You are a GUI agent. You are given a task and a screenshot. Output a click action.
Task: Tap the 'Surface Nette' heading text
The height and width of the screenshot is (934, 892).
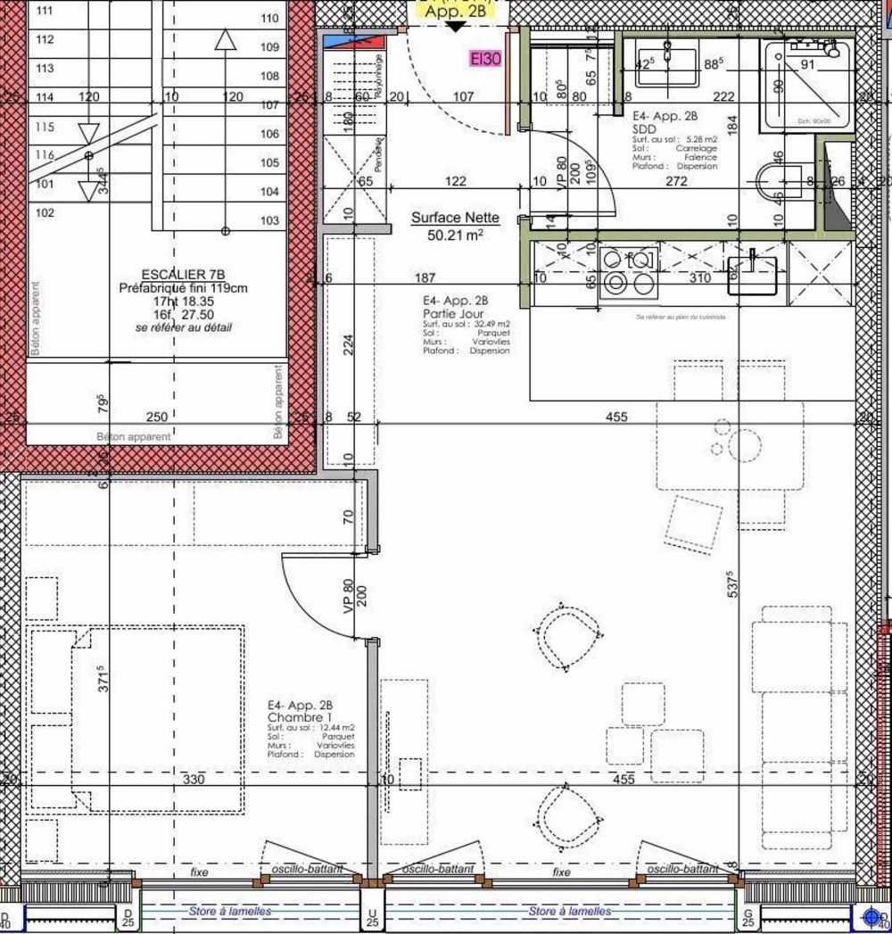(455, 217)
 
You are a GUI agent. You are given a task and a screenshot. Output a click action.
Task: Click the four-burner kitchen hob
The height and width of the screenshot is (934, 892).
(630, 271)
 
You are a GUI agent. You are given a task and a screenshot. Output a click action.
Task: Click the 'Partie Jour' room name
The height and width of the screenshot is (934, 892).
(450, 314)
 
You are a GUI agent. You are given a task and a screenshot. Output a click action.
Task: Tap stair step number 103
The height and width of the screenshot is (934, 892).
(268, 220)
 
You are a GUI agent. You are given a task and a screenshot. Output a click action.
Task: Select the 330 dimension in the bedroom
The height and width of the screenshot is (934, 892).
(194, 779)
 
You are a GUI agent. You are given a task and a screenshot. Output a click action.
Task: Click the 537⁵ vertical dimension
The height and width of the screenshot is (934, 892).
(731, 584)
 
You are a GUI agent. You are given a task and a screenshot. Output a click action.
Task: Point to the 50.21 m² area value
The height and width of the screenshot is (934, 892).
(455, 235)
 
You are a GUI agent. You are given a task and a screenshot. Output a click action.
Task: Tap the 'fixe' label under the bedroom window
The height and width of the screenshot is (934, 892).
(198, 872)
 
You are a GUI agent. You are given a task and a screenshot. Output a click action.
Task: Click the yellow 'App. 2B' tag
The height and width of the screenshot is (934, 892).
(455, 12)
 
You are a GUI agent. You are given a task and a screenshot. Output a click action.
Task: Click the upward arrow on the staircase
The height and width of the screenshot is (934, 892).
(226, 40)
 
